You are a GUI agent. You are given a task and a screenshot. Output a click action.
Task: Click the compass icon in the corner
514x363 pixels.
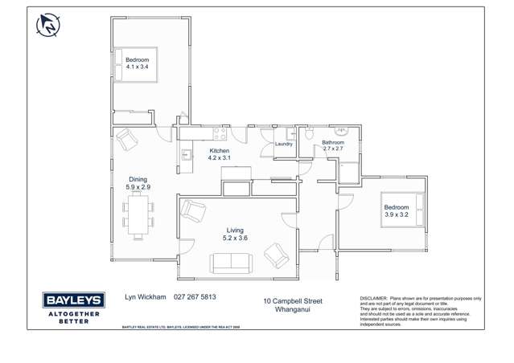pos(48,25)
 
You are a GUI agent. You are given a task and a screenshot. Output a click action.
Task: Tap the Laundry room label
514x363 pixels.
pos(284,144)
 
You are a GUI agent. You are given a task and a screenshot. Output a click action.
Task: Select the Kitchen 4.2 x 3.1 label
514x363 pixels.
pos(219,154)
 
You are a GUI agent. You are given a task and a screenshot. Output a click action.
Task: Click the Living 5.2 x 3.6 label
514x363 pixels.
pos(234,234)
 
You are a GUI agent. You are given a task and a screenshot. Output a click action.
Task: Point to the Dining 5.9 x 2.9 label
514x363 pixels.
pos(138,183)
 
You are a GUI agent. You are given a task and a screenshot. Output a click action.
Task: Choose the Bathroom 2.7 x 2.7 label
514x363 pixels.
pos(333,145)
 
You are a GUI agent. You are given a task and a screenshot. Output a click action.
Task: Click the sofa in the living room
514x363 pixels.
pos(231,262)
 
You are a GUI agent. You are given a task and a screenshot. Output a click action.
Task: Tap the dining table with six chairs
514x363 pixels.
pos(138,216)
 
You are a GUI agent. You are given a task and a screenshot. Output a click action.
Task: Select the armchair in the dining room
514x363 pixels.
pos(127,140)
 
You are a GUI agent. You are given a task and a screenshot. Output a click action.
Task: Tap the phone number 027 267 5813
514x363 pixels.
pos(195,296)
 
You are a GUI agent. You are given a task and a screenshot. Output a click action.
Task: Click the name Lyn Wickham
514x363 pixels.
pos(145,296)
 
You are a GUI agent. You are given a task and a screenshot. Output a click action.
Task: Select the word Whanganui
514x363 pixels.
pos(292,309)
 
